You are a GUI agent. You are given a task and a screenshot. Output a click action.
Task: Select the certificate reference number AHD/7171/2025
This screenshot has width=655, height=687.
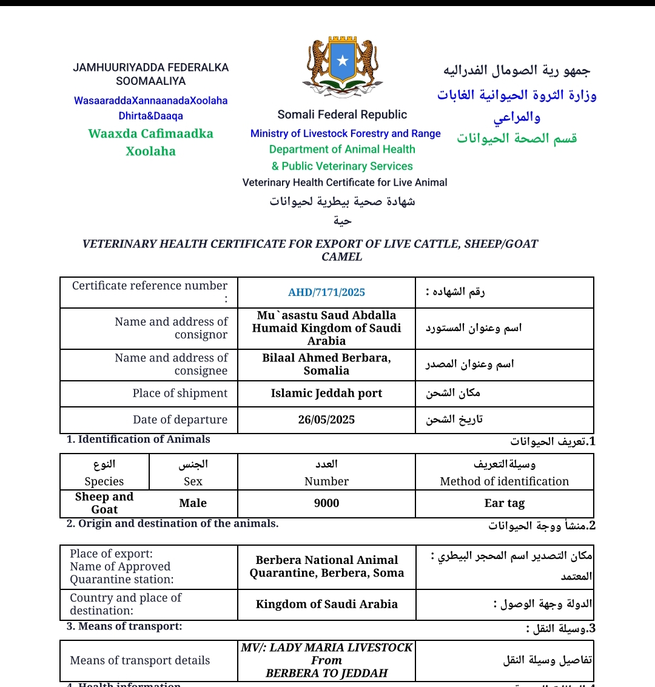point(326,292)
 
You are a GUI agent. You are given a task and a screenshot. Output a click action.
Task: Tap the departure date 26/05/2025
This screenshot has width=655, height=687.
point(326,420)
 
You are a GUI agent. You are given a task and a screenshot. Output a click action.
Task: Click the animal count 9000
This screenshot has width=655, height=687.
point(326,503)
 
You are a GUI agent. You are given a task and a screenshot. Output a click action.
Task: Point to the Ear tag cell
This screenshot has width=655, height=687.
point(505,503)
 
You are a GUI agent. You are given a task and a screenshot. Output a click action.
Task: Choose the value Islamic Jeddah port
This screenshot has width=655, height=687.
point(326,394)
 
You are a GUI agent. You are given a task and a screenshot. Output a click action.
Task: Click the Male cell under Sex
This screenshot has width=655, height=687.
point(193,503)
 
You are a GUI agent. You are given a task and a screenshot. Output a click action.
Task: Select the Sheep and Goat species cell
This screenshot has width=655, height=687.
point(104,503)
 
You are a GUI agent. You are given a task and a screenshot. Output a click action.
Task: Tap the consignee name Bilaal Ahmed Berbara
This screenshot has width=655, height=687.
point(326,358)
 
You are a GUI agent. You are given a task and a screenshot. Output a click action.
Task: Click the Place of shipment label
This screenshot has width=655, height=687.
point(180,394)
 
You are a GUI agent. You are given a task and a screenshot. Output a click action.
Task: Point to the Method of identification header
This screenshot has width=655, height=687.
point(505,481)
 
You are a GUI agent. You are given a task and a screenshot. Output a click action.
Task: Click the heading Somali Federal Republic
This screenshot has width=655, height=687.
point(342,115)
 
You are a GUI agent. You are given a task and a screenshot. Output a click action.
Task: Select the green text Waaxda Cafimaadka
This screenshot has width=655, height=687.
point(150,134)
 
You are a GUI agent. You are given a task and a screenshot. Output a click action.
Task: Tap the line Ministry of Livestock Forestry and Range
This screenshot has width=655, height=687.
point(346,133)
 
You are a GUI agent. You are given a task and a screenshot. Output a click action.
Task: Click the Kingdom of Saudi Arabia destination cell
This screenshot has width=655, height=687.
point(326,605)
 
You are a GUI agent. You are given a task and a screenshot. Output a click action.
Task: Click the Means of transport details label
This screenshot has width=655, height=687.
point(140,660)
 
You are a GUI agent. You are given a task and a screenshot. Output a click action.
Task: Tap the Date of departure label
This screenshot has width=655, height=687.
point(180,420)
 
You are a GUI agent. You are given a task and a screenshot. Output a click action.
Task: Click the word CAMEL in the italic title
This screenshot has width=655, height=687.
point(342,257)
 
